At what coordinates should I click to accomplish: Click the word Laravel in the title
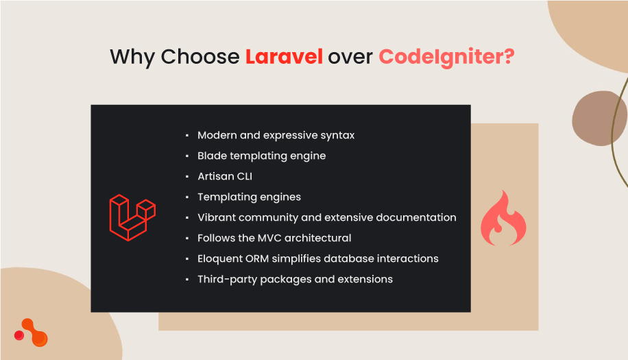[284, 57]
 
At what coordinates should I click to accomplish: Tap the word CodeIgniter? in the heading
[446, 57]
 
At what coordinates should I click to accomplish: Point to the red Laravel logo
[132, 217]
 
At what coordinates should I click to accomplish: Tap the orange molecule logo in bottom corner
[32, 333]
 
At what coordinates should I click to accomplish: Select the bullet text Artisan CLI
[225, 176]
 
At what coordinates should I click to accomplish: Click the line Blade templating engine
[261, 156]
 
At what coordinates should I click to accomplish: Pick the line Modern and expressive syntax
[276, 135]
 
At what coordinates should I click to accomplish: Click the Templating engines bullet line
[249, 197]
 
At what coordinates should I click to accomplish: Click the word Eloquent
[219, 259]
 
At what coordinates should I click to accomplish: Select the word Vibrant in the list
[217, 217]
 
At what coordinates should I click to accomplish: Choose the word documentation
[417, 217]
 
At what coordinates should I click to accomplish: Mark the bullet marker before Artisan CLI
[187, 177]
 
